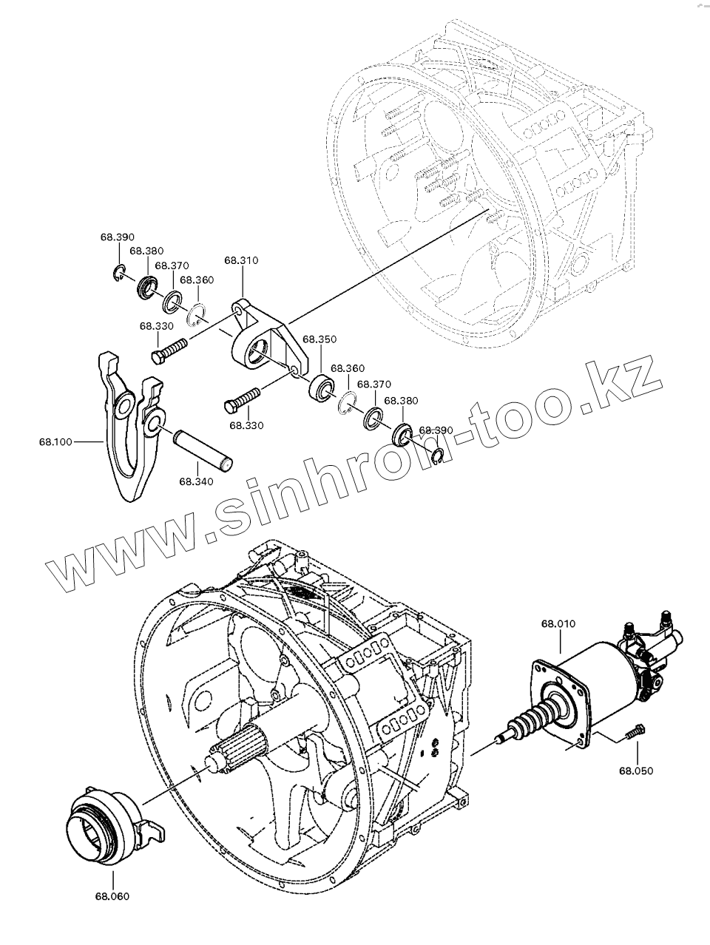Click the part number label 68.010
[x=558, y=623]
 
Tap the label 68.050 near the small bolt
[x=637, y=770]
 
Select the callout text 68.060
[x=112, y=896]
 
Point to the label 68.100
[x=55, y=442]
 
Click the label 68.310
[x=241, y=260]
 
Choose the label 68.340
[x=196, y=481]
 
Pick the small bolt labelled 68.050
[x=633, y=731]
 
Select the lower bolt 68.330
[x=240, y=399]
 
